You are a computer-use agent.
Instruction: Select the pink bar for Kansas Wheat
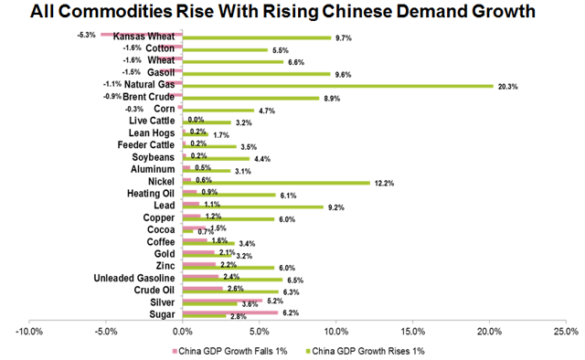coord(142,34)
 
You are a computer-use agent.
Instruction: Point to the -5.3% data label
coord(88,35)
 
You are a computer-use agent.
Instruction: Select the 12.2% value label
coord(383,182)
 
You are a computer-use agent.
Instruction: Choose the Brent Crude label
coord(149,97)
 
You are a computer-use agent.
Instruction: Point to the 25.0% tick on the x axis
coord(567,333)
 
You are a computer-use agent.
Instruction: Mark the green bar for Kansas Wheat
coord(257,38)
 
